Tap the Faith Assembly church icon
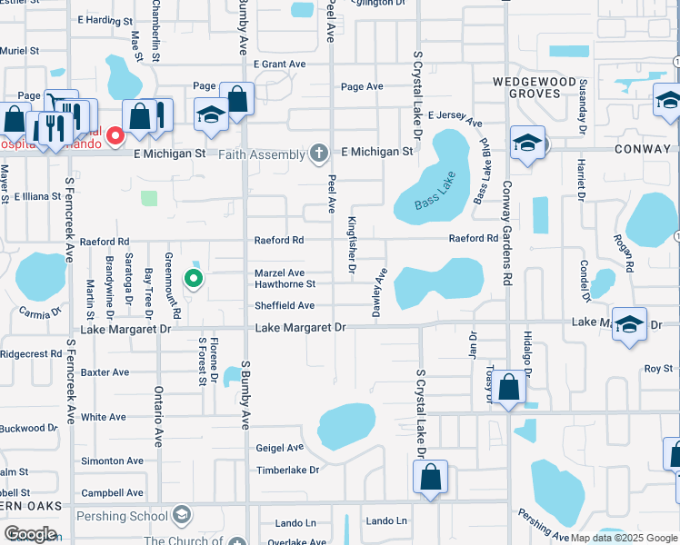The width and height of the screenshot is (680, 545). click(x=318, y=154)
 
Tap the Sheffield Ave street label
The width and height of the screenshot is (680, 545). click(x=285, y=306)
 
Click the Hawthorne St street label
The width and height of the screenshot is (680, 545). click(x=285, y=284)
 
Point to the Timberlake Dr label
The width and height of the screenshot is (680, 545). click(x=288, y=471)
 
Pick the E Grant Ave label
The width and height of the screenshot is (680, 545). click(x=285, y=64)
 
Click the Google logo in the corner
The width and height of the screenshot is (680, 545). click(x=30, y=534)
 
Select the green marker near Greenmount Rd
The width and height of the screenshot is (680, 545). click(x=193, y=279)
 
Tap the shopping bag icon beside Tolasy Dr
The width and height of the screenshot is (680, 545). click(x=511, y=388)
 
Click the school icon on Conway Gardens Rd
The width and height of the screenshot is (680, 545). click(x=527, y=144)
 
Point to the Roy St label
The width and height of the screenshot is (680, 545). click(x=658, y=369)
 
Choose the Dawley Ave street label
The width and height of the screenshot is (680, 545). click(x=376, y=292)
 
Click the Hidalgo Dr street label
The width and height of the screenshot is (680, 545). click(x=527, y=351)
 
